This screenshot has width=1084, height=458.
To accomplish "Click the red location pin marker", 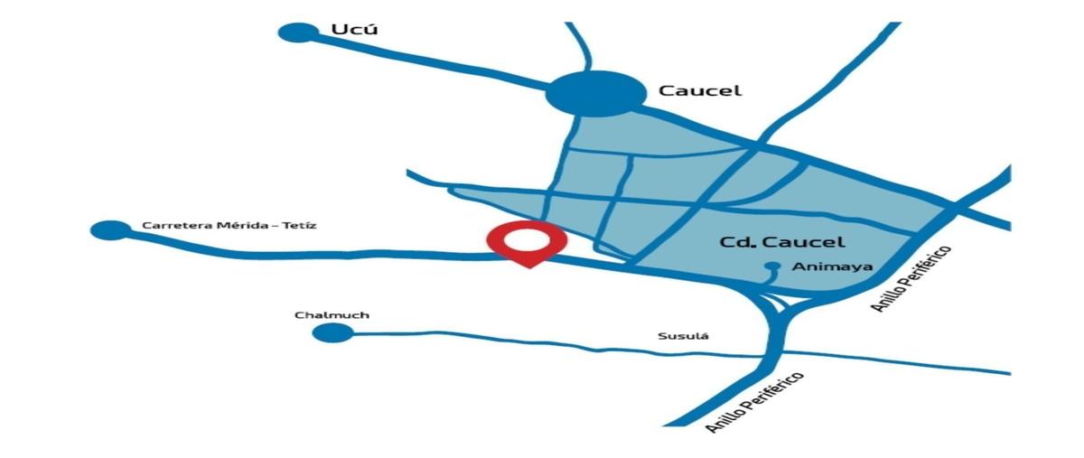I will [x=527, y=242].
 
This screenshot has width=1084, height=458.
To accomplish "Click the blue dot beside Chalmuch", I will [x=332, y=332].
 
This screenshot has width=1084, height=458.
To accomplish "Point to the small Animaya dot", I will [x=772, y=266].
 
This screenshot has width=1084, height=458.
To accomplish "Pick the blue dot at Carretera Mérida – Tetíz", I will [x=110, y=229].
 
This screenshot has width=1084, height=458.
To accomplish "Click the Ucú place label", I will [x=353, y=30].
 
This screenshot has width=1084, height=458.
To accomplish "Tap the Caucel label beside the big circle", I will [x=699, y=90].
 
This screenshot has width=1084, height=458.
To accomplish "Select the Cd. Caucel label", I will [x=781, y=242].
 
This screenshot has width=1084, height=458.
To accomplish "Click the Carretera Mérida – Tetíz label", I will [x=229, y=225].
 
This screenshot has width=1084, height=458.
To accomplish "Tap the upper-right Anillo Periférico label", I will [x=912, y=277].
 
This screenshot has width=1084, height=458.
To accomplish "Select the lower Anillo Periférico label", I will [x=754, y=401].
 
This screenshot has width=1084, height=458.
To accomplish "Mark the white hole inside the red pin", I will [x=527, y=239].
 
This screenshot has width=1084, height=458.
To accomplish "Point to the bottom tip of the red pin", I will [x=530, y=267].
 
